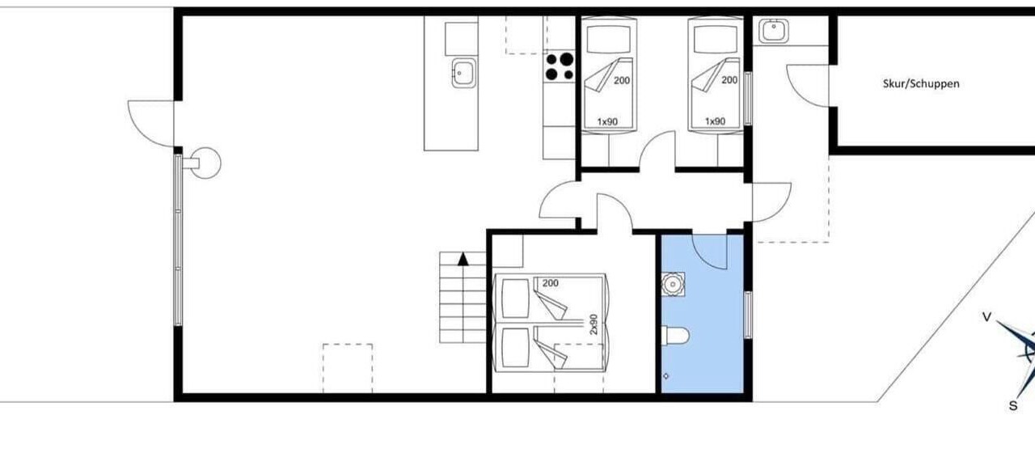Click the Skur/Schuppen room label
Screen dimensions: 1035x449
pyautogui.click(x=921, y=83)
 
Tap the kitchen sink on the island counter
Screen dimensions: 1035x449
pyautogui.click(x=464, y=73)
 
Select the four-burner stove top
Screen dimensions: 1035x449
pyautogui.click(x=560, y=67)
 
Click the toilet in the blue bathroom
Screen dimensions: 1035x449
pyautogui.click(x=675, y=336)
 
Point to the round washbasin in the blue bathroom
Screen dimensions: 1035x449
pyautogui.click(x=673, y=284)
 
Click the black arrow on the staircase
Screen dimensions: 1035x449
pyautogui.click(x=463, y=260)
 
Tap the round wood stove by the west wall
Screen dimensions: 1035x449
pyautogui.click(x=205, y=163)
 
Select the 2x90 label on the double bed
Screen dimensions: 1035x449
pyautogui.click(x=594, y=324)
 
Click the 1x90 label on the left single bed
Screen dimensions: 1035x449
pyautogui.click(x=607, y=121)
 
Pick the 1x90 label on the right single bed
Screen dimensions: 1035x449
pyautogui.click(x=715, y=121)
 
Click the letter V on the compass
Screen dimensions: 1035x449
pyautogui.click(x=986, y=317)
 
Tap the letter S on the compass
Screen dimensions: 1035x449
pyautogui.click(x=1013, y=406)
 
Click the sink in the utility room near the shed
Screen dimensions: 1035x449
pyautogui.click(x=774, y=31)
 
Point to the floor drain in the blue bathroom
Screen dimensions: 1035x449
pyautogui.click(x=665, y=376)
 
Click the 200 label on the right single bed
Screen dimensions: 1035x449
pyautogui.click(x=729, y=80)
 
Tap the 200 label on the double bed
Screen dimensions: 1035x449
pyautogui.click(x=551, y=283)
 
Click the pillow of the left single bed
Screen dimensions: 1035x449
pyautogui.click(x=609, y=39)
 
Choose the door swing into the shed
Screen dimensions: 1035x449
pyautogui.click(x=808, y=86)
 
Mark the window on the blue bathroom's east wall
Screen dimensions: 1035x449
pyautogui.click(x=748, y=315)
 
